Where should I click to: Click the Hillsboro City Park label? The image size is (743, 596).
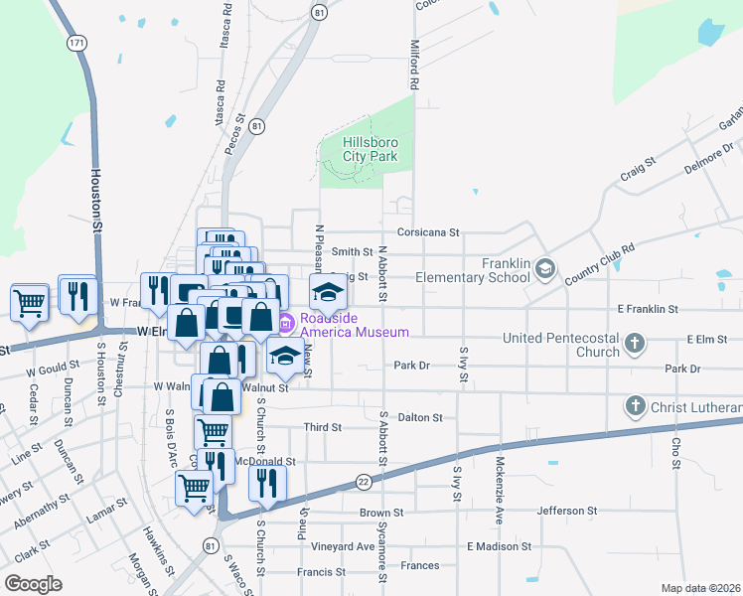click(x=370, y=149)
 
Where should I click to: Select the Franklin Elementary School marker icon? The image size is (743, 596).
click(x=544, y=268)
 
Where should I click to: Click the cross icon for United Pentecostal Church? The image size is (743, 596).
click(x=636, y=345)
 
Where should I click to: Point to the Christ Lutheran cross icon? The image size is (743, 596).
click(x=636, y=406)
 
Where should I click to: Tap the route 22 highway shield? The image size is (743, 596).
click(x=365, y=481)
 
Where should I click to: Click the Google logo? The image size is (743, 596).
click(x=33, y=584)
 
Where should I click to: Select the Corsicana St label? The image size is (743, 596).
click(x=428, y=232)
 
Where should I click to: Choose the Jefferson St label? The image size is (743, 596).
click(x=566, y=511)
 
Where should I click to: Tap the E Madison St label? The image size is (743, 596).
click(x=499, y=546)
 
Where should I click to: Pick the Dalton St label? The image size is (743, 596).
click(x=419, y=418)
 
